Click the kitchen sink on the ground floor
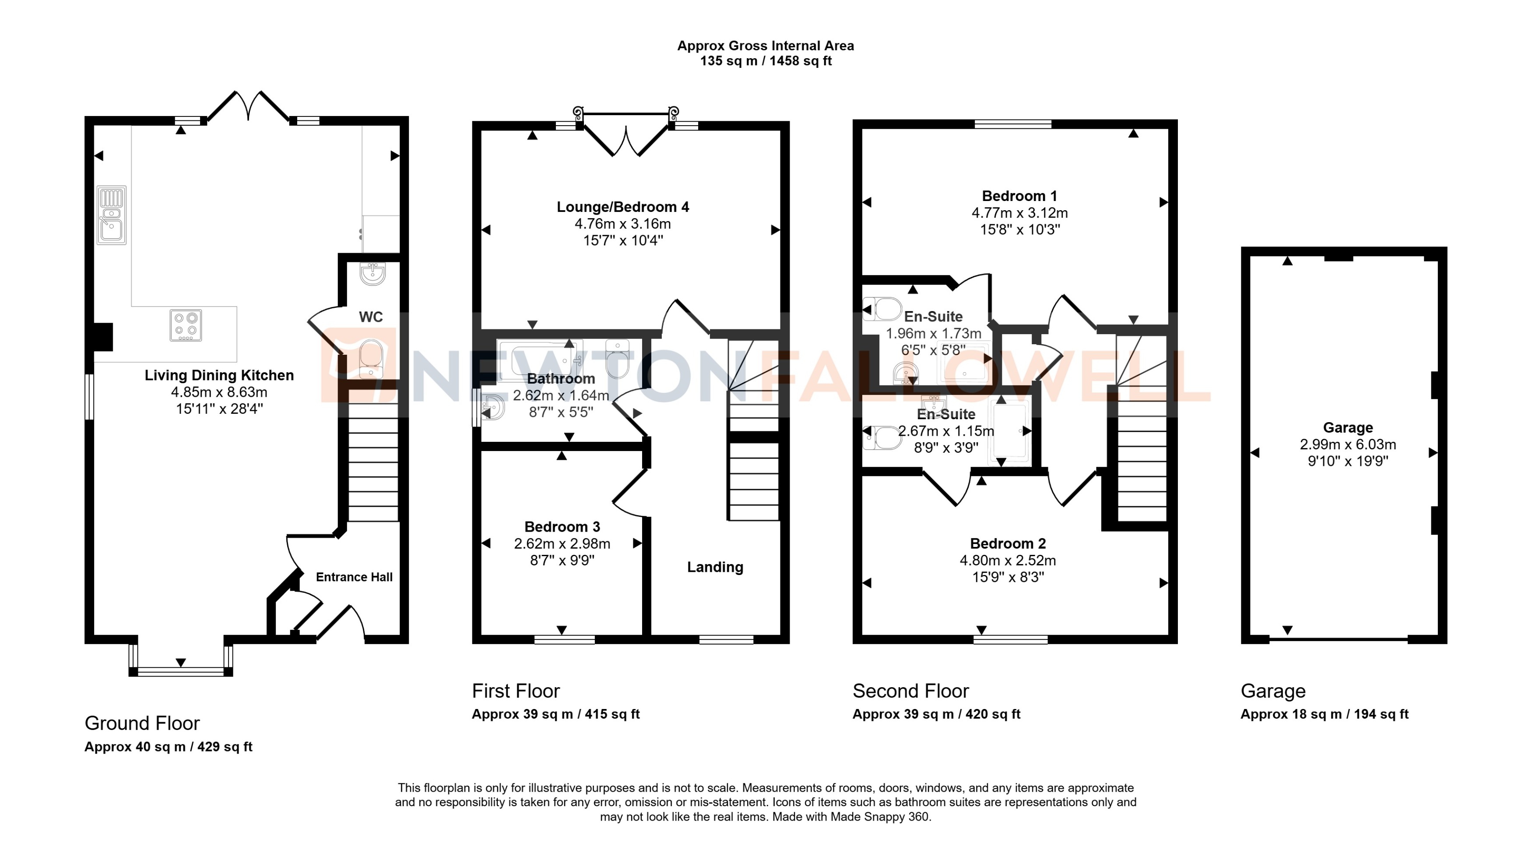(x=112, y=215)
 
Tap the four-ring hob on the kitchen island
(x=186, y=325)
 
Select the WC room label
(x=370, y=317)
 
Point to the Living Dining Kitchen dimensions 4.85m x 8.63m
(x=219, y=392)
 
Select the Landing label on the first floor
(x=715, y=567)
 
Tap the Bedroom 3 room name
(x=562, y=526)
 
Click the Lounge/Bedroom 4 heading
(x=623, y=207)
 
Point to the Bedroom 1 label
(x=1019, y=196)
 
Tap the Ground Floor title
(x=142, y=723)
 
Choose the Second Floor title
(x=910, y=691)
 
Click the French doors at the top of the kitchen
(x=249, y=107)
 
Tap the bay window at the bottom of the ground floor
(x=181, y=671)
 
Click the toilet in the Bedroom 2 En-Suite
(x=882, y=438)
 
